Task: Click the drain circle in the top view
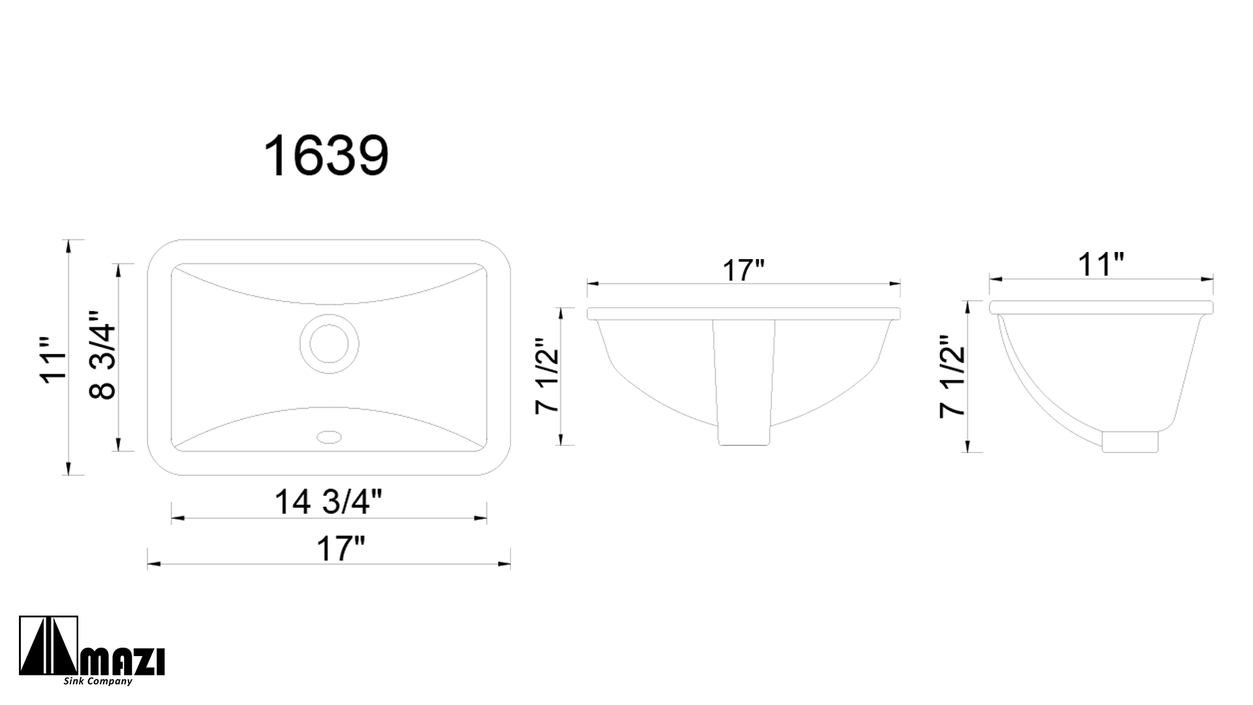(x=329, y=343)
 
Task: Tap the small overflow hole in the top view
(x=329, y=436)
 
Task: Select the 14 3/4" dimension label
(x=328, y=502)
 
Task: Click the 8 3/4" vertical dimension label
(x=102, y=354)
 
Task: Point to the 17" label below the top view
(x=339, y=549)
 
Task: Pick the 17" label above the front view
(x=743, y=270)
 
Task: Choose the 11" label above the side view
(x=1101, y=264)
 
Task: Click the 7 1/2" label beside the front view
(x=547, y=376)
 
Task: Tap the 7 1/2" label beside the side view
(x=952, y=377)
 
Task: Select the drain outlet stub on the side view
(x=1130, y=441)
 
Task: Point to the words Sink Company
(x=98, y=681)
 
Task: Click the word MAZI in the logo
(x=122, y=662)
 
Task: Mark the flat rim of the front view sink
(x=743, y=313)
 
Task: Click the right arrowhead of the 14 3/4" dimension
(x=483, y=518)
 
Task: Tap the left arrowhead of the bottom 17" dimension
(x=151, y=565)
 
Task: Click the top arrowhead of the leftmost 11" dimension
(x=68, y=243)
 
